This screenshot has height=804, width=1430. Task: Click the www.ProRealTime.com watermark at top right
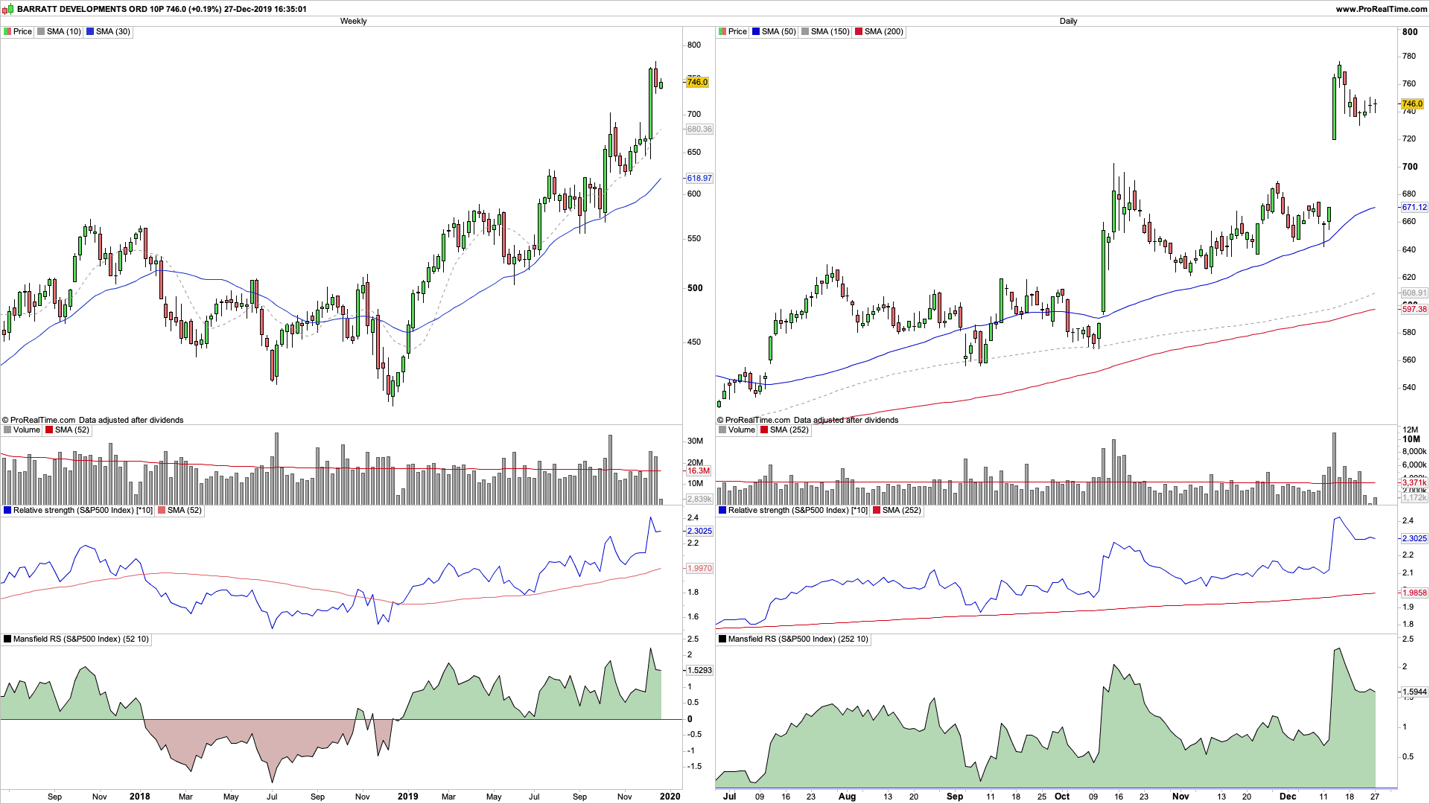1382,9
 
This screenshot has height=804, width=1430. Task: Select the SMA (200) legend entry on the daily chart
883,32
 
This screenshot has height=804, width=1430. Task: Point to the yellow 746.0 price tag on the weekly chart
697,82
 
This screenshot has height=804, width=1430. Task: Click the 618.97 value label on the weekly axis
699,179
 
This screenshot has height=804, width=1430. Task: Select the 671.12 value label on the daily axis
1414,208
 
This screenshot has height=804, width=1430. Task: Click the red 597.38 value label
1414,309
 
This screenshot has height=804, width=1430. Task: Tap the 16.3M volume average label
698,470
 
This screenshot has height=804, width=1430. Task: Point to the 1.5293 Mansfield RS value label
699,670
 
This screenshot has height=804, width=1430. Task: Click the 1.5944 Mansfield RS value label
1414,692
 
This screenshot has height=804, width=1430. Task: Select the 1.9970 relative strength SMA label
699,568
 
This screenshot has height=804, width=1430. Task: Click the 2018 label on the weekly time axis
139,797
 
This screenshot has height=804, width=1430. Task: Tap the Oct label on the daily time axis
1062,797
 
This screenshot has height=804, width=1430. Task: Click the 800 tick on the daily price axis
1410,32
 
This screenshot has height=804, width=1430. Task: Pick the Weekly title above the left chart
353,21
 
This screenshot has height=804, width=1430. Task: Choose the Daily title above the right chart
1068,21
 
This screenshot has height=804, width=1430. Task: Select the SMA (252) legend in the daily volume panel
789,430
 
